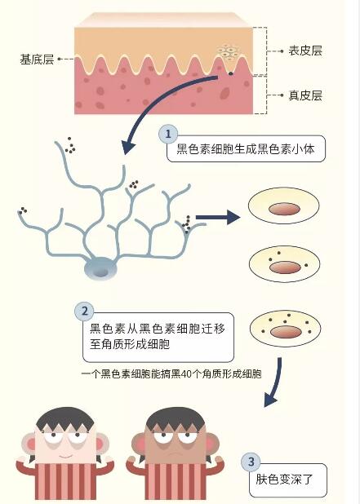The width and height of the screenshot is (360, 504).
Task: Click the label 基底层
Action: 37,60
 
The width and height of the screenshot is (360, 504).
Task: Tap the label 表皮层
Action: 305,51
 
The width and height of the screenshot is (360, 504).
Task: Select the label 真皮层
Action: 305,95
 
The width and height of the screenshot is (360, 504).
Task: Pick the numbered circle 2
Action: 82,311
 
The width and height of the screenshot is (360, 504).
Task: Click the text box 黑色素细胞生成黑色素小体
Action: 250,150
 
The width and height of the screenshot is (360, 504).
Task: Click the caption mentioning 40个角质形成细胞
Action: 171,374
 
